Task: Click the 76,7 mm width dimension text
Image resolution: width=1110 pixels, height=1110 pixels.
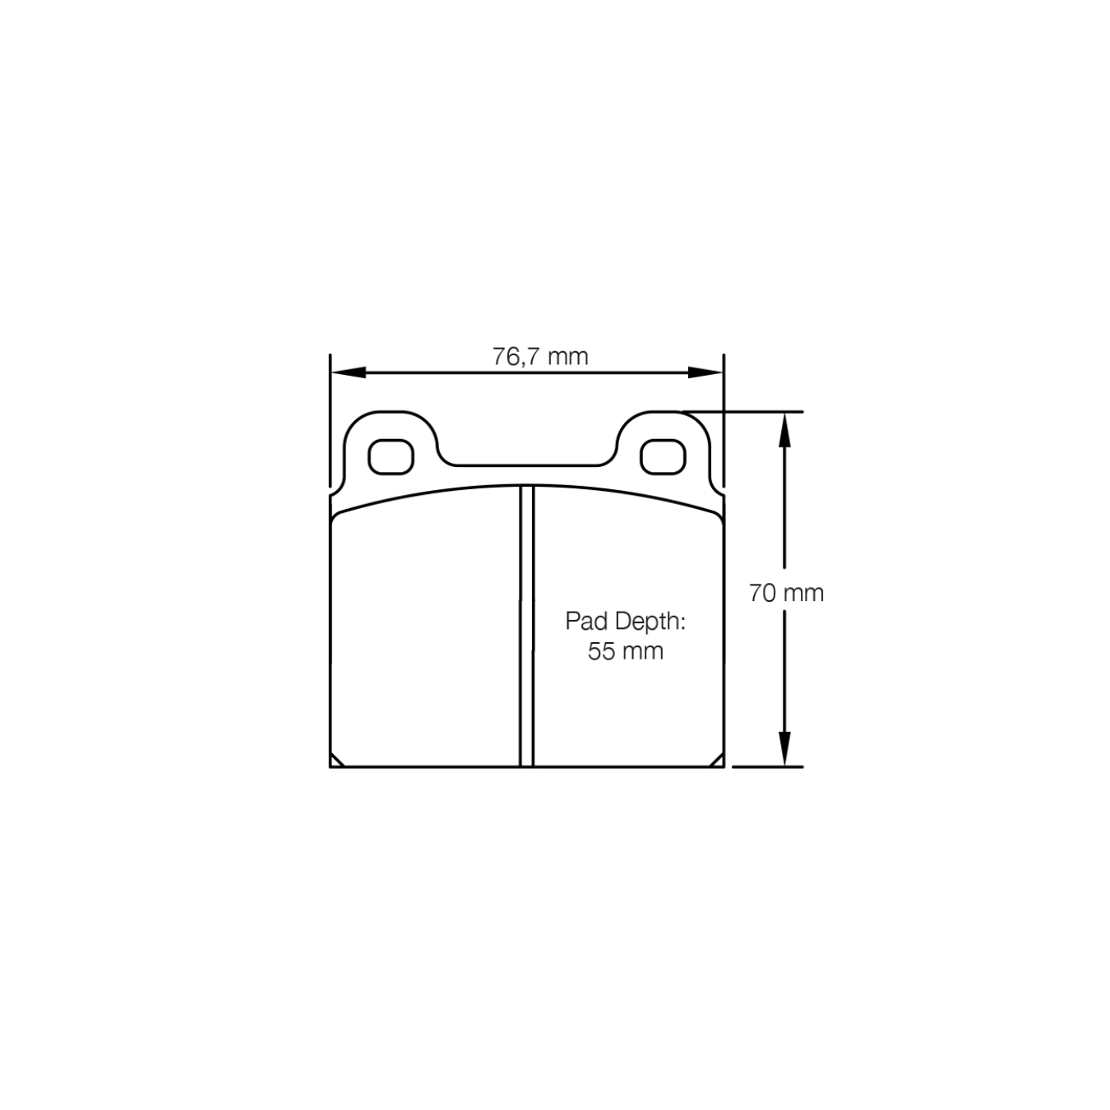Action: click(x=540, y=357)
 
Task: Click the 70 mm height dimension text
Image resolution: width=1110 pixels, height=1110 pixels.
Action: click(x=785, y=593)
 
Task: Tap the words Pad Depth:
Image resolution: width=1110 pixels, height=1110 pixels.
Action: click(x=625, y=622)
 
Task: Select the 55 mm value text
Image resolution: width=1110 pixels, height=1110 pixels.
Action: click(x=625, y=652)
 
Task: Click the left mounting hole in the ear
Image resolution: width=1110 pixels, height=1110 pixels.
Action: click(x=391, y=457)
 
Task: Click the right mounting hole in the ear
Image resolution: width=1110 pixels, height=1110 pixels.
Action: click(x=663, y=457)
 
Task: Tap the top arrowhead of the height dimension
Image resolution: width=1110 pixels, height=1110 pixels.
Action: click(x=785, y=428)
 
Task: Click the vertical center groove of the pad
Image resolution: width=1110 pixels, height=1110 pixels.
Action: click(x=526, y=625)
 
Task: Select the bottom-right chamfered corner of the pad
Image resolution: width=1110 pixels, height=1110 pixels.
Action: click(x=718, y=761)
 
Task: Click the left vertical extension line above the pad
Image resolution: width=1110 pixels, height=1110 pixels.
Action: click(x=330, y=411)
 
